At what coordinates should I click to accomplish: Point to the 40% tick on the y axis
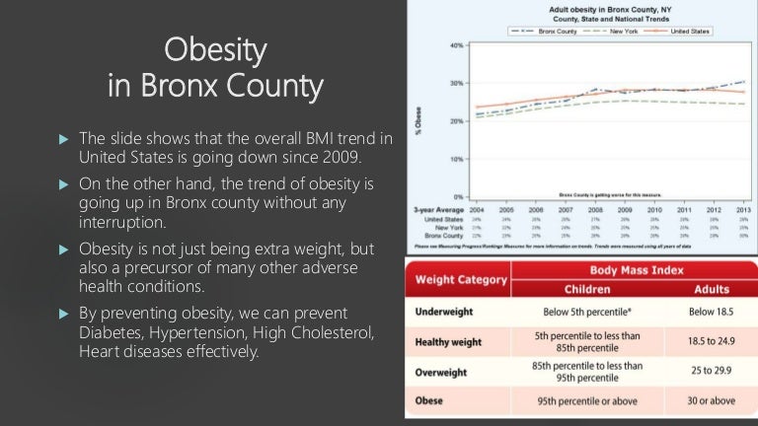click(457, 45)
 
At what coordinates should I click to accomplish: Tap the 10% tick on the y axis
click(457, 159)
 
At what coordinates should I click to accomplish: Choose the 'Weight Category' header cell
click(459, 279)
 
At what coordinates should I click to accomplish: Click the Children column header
click(586, 290)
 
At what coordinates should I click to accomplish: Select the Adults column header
click(711, 290)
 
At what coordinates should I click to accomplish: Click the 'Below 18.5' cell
click(711, 311)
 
